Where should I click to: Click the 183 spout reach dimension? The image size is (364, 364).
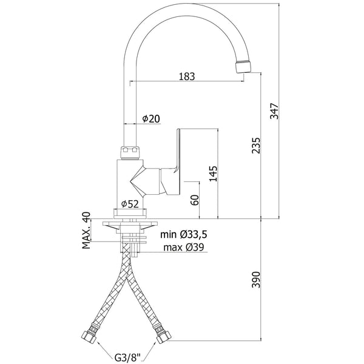pos(187,76)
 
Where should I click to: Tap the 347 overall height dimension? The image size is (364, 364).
pos(274,111)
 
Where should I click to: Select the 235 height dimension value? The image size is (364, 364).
pos(256,146)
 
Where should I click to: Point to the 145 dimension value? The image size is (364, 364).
pos(213,174)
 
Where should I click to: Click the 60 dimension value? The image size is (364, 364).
pos(195,200)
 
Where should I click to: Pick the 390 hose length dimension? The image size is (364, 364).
pos(256,280)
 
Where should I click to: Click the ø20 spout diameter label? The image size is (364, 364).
pos(151,119)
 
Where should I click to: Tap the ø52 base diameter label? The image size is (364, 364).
pos(130,204)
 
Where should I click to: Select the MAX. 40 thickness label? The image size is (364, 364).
pos(86,231)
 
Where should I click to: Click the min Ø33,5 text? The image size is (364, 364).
pos(184,235)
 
